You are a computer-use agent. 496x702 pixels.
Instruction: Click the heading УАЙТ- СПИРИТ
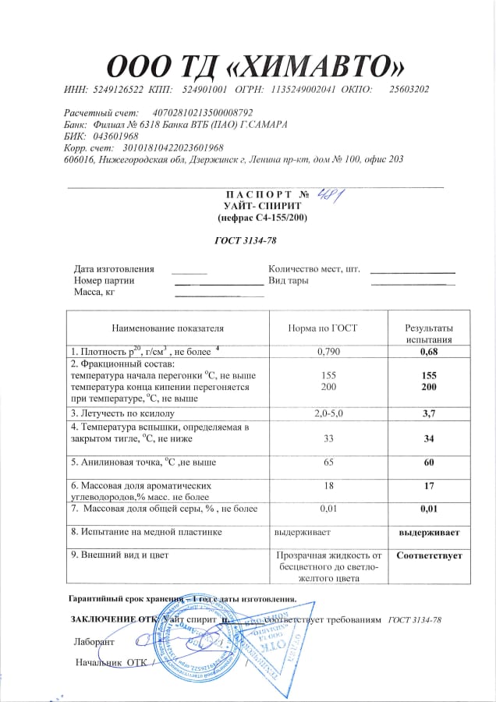point(257,205)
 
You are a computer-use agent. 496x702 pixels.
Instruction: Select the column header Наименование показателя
point(168,328)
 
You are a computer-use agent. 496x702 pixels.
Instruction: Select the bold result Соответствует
point(429,555)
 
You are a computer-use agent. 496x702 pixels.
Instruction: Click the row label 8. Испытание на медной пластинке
point(147,532)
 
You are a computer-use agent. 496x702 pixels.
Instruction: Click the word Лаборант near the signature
point(94,642)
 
